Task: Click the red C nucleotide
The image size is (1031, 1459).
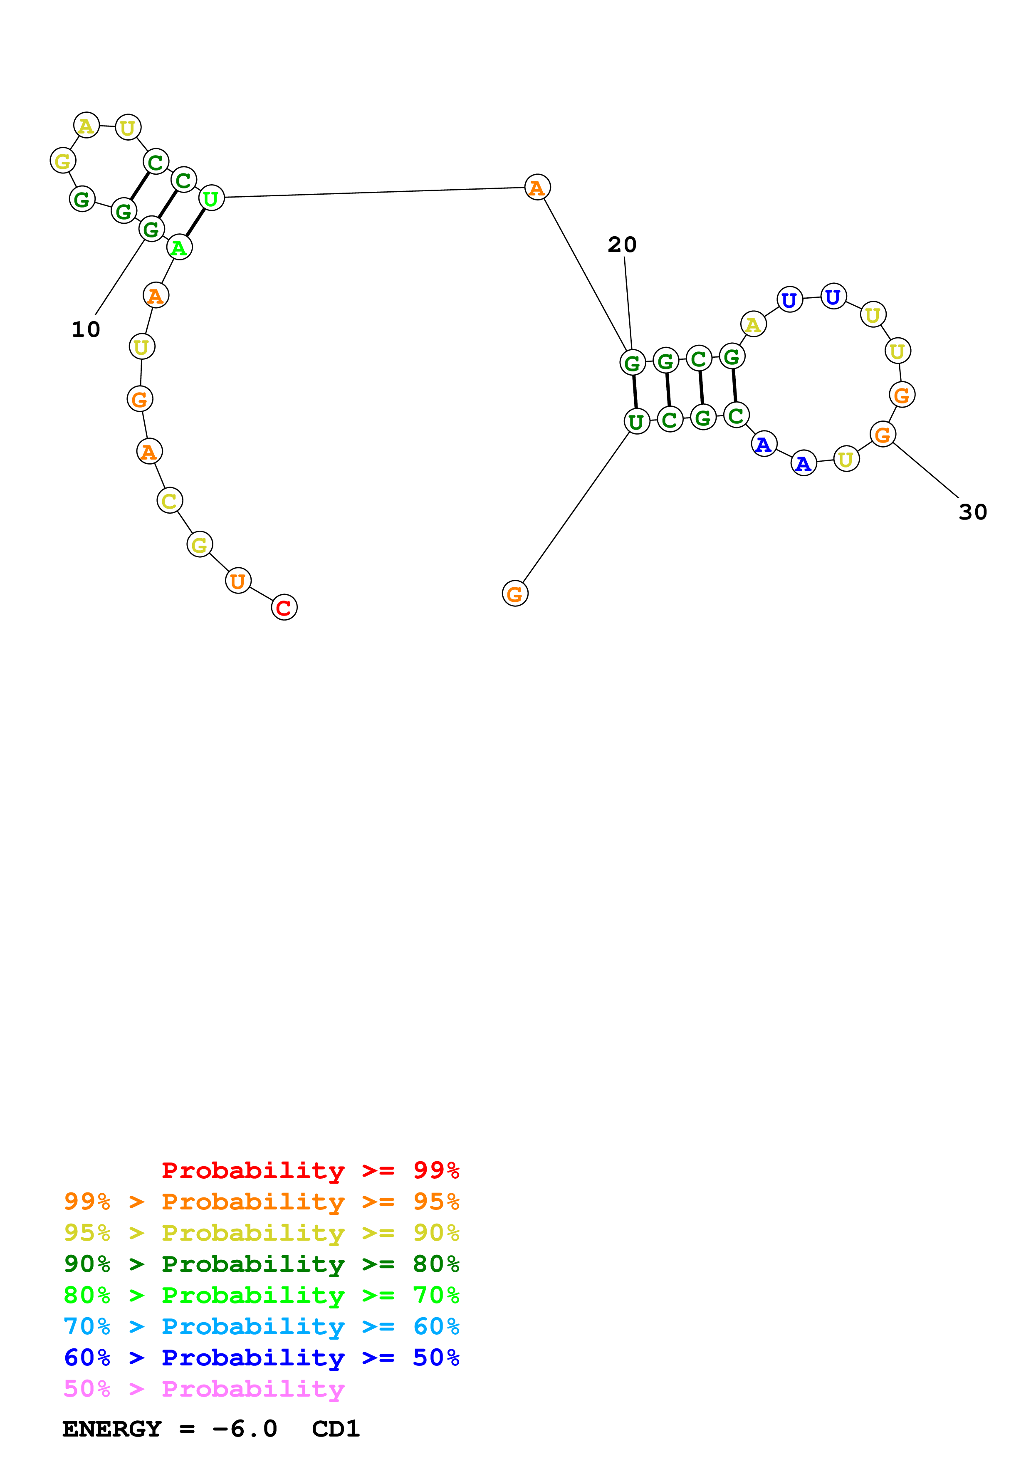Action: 284,608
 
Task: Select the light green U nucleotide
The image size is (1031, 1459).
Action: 211,198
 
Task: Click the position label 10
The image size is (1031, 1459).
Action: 86,329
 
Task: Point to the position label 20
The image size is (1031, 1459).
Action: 622,245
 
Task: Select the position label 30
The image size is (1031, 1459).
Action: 972,512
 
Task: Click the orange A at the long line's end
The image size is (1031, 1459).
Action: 537,188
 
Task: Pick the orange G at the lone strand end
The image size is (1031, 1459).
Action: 514,593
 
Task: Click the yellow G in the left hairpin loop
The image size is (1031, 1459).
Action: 63,161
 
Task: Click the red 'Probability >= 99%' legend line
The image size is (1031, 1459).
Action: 310,1170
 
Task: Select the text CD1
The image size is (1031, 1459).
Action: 335,1429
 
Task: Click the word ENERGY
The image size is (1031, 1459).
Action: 112,1429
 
